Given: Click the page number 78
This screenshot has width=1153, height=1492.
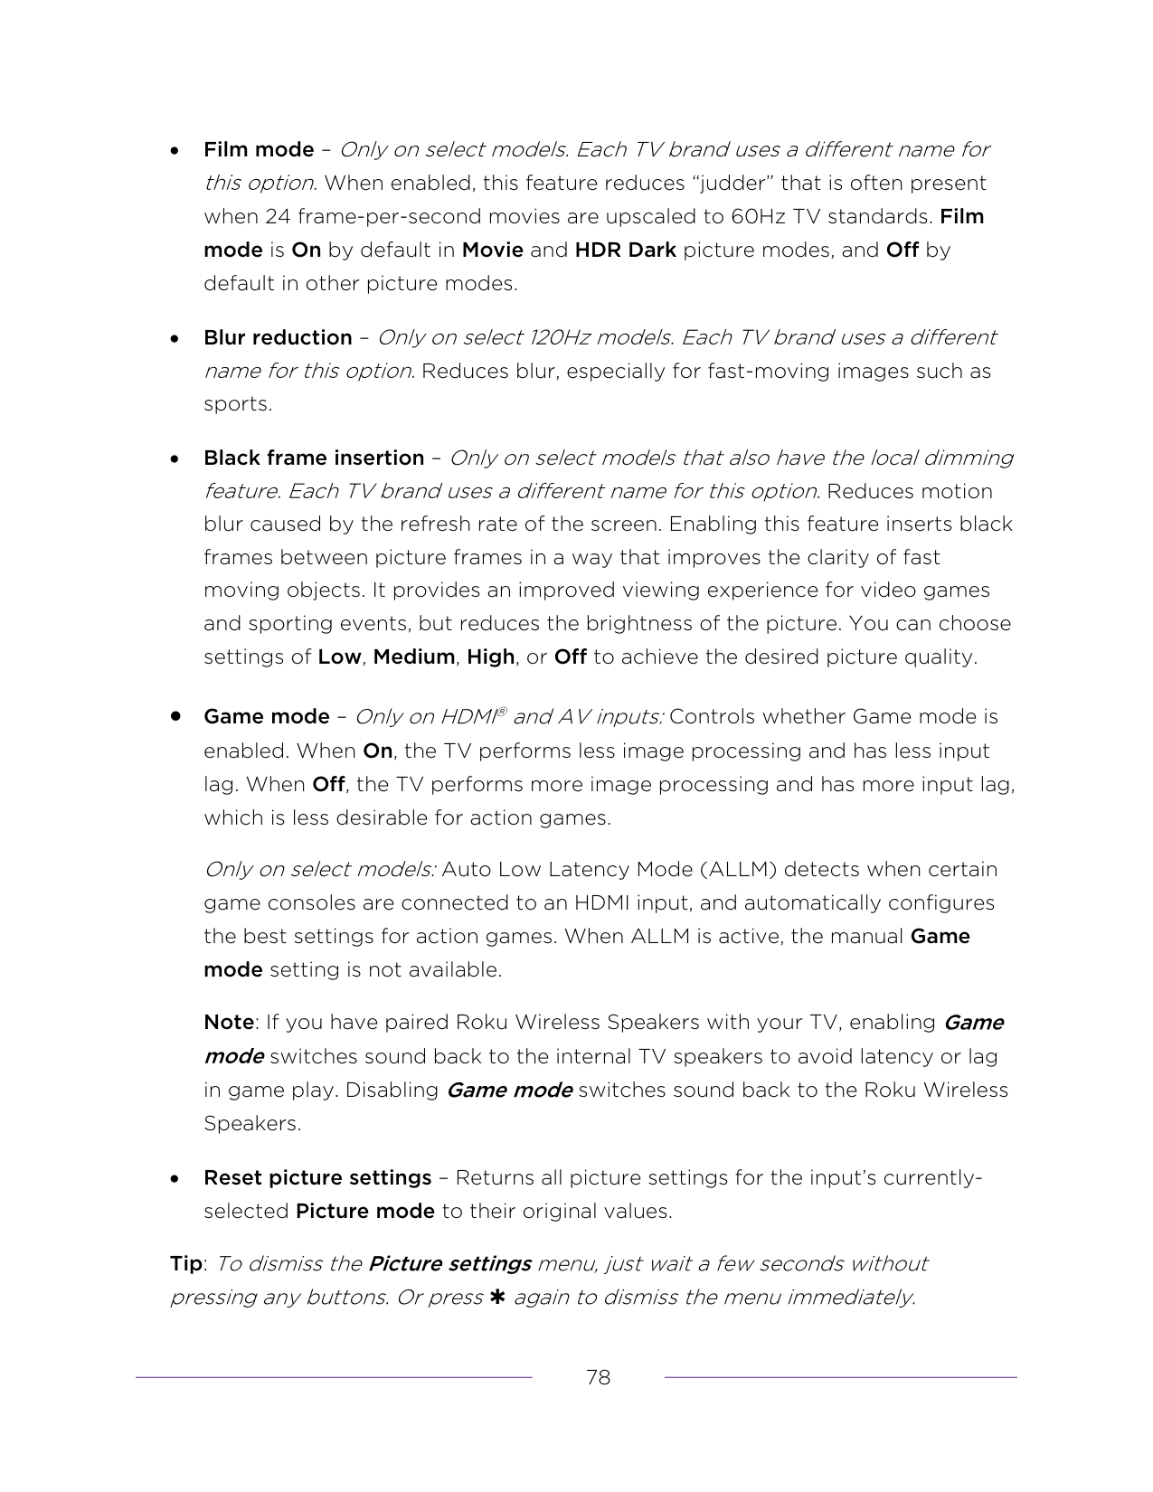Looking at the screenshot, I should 598,1377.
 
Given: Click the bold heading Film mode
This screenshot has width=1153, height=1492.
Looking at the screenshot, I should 259,149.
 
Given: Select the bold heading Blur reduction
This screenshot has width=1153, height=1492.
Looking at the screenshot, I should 278,337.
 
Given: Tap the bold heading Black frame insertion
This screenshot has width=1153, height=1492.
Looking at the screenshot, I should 314,458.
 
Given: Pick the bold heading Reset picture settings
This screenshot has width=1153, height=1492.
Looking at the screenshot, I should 317,1177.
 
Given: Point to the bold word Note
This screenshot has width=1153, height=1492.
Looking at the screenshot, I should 228,1022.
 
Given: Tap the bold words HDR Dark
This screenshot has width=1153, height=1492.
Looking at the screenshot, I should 626,250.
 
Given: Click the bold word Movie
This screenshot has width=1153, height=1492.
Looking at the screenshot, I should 493,250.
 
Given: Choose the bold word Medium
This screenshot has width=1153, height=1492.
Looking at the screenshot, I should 414,656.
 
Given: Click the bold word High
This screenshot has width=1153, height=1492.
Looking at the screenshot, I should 491,656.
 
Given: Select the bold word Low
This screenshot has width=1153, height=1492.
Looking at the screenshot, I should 339,656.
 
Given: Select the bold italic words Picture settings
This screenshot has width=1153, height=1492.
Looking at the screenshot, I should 449,1263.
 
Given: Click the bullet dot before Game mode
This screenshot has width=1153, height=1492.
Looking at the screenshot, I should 175,716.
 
